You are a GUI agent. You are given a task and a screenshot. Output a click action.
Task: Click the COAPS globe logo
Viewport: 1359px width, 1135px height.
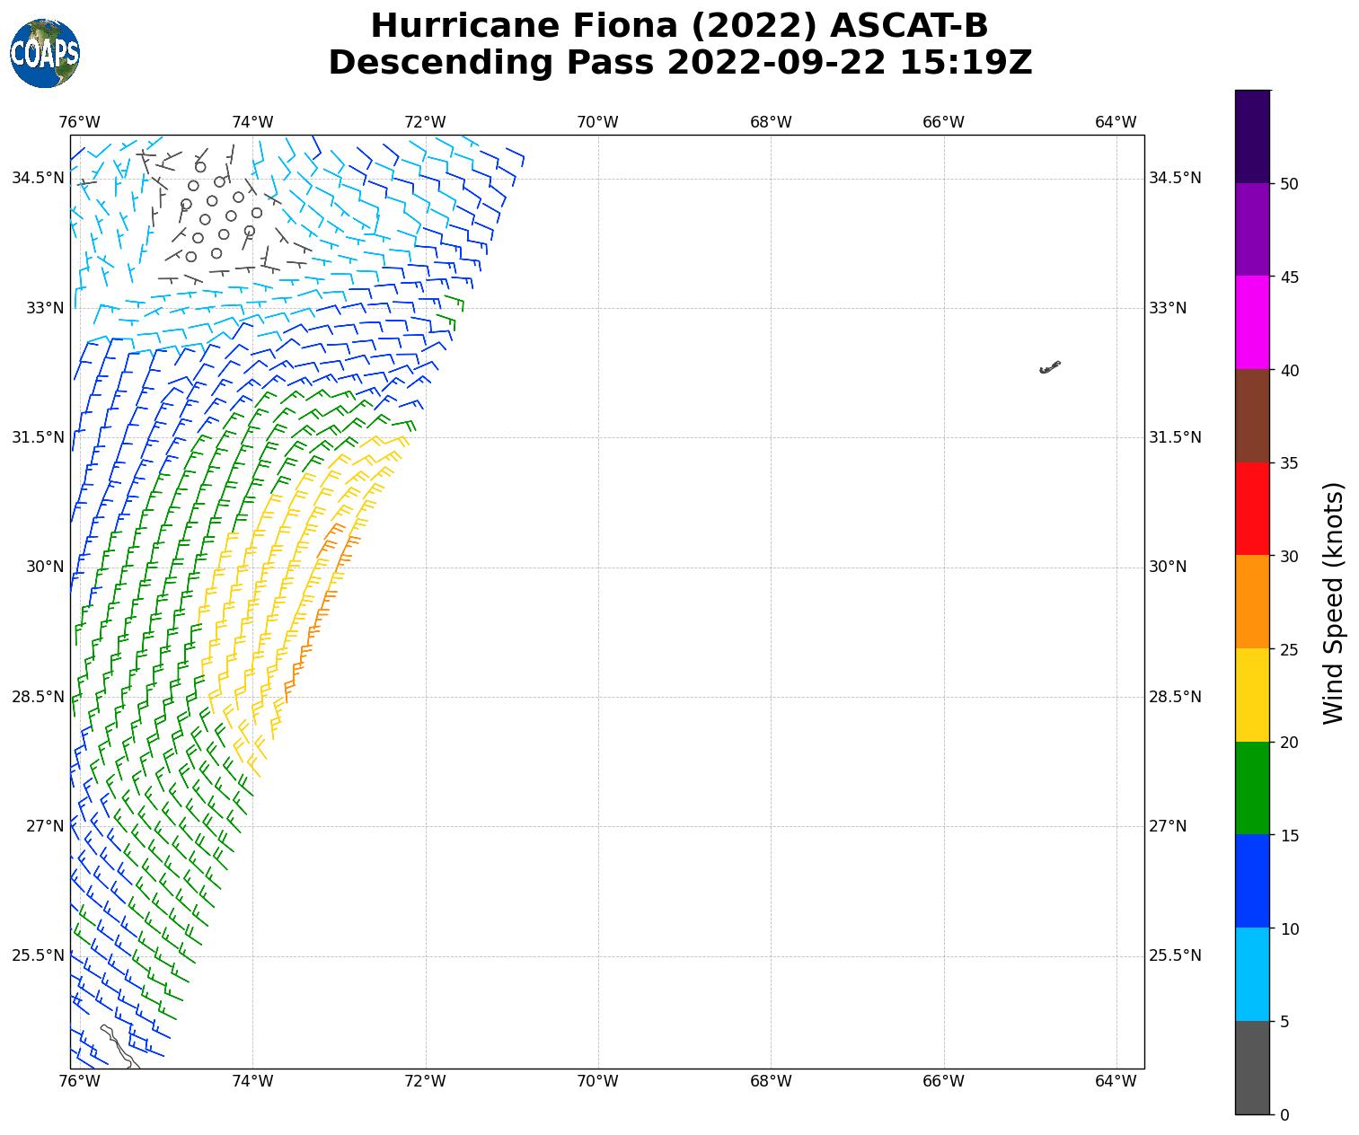[45, 54]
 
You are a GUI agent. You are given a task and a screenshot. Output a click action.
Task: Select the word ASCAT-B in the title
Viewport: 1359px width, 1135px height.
[908, 26]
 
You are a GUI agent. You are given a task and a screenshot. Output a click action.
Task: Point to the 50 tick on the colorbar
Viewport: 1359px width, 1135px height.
[1271, 183]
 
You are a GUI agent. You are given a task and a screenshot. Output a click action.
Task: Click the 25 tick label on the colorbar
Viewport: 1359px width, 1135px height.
[1289, 650]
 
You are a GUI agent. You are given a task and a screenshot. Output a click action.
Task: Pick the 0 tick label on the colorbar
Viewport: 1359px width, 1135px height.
[1284, 1115]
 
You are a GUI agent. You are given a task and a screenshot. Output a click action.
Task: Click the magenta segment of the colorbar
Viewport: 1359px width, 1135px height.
[1252, 322]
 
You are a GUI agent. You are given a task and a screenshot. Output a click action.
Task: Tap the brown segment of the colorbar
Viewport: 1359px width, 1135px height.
[1252, 416]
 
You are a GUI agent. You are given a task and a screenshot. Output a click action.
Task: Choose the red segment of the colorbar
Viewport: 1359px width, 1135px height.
[1252, 508]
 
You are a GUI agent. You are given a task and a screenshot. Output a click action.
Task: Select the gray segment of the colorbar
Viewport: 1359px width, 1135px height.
[1252, 1068]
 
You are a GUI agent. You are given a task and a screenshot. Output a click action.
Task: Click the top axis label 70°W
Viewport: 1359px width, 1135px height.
[598, 122]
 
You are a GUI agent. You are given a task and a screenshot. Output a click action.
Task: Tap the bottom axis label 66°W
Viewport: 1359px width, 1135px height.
[943, 1081]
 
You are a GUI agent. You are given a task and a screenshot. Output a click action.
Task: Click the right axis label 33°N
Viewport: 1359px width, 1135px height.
[1168, 308]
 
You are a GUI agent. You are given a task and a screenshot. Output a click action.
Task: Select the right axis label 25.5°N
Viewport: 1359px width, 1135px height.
[1175, 955]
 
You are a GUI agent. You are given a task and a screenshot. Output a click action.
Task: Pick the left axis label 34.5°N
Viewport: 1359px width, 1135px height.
[38, 178]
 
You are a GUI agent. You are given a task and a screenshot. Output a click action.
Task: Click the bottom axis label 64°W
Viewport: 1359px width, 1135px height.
[1116, 1081]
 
